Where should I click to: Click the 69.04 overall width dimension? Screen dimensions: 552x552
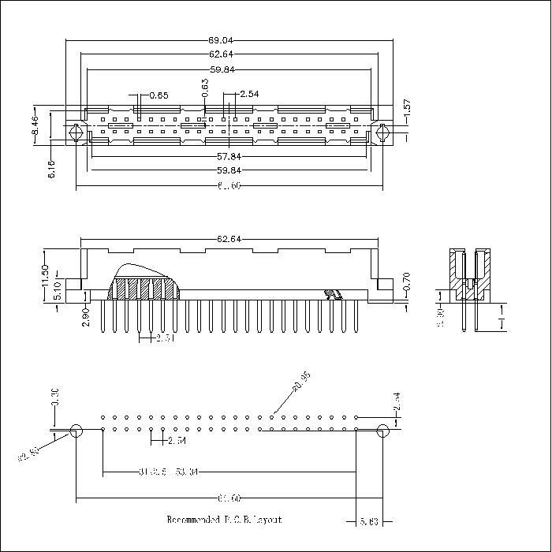point(229,39)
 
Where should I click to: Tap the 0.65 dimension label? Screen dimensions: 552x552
point(159,95)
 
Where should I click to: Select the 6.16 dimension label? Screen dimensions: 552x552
point(51,169)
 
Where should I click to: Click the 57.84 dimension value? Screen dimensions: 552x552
point(229,156)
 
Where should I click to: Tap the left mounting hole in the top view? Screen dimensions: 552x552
point(75,132)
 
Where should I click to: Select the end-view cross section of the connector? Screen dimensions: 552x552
point(471,276)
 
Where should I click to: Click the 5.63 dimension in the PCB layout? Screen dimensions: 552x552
point(368,521)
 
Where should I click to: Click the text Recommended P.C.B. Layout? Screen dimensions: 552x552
point(224,520)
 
